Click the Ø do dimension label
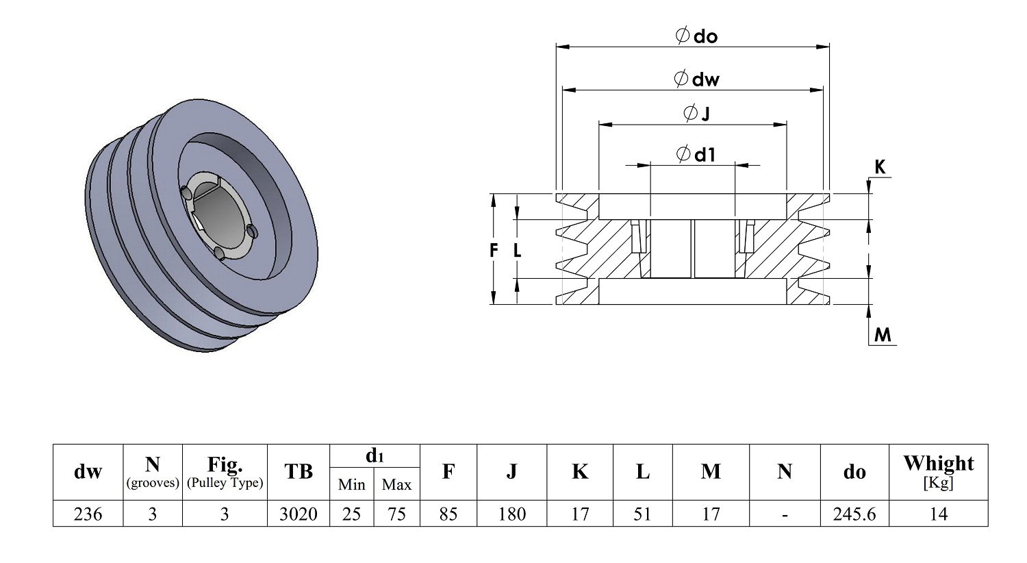[x=697, y=36]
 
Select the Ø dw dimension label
[x=697, y=79]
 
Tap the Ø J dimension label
[x=696, y=113]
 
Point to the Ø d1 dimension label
[x=696, y=154]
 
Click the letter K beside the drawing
[x=880, y=167]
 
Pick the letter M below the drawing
[x=883, y=335]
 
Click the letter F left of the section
[x=494, y=250]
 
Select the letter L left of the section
[x=517, y=250]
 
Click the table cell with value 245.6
[x=854, y=514]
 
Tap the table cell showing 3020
[x=299, y=514]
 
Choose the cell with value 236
[x=88, y=514]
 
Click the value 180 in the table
[x=511, y=514]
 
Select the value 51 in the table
[x=642, y=514]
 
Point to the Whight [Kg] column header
[x=939, y=472]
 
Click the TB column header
[x=299, y=472]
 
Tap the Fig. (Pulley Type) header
[x=225, y=472]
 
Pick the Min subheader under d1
[x=352, y=484]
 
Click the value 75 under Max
[x=396, y=514]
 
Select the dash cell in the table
[x=785, y=514]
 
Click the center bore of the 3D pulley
[x=217, y=216]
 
